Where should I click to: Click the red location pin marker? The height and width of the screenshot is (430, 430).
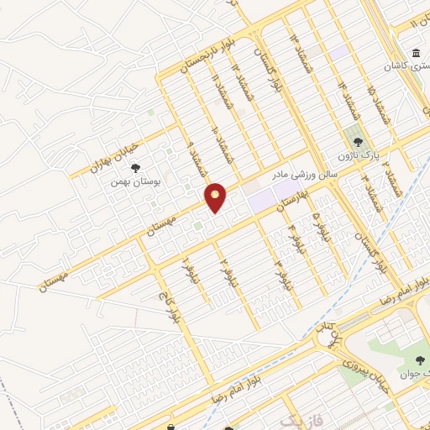[216, 197]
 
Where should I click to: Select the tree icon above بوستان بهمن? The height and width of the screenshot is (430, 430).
[135, 166]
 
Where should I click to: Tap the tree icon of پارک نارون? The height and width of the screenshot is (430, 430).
[358, 143]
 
